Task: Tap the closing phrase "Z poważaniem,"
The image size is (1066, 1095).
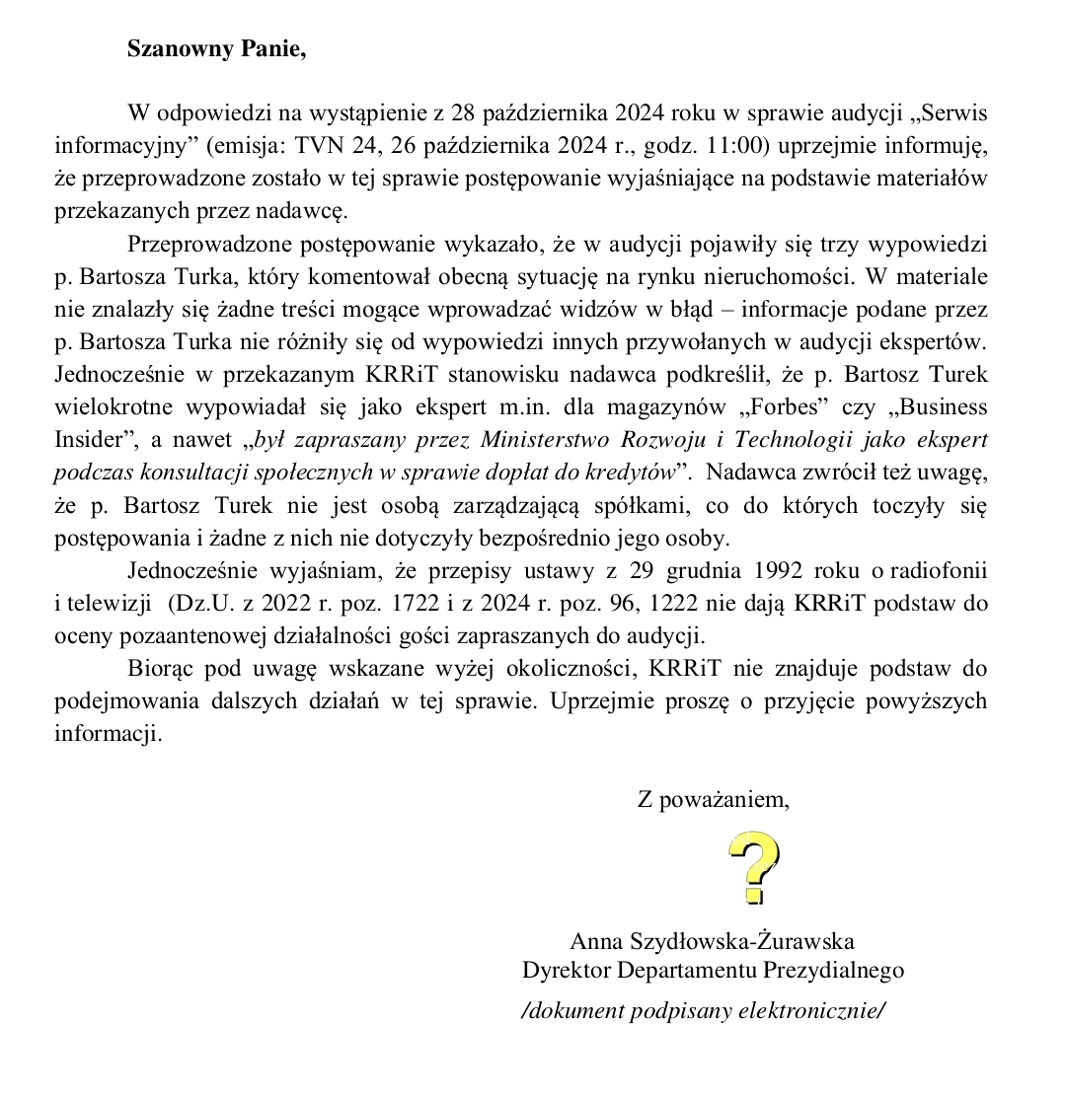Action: tap(714, 800)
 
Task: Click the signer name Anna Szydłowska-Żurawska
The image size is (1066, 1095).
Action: tap(712, 941)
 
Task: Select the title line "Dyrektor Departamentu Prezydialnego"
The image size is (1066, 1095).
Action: tap(713, 970)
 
